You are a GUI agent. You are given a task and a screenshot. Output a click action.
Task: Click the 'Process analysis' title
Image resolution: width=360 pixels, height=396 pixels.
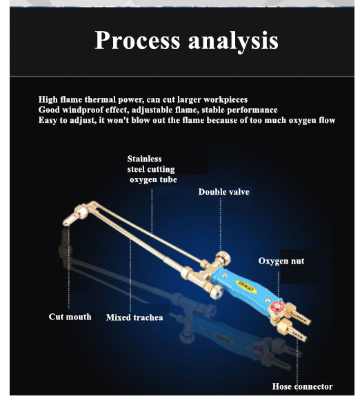coord(186,41)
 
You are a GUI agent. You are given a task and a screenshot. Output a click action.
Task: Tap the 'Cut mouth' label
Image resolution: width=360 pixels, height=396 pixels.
coord(70,317)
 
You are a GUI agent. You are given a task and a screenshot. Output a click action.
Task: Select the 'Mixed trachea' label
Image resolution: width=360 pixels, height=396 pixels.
coord(134,317)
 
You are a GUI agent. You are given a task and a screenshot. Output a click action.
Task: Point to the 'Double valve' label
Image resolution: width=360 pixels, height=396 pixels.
coord(224,192)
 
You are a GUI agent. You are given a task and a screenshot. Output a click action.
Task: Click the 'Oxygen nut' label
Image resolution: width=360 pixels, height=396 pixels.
coord(281,261)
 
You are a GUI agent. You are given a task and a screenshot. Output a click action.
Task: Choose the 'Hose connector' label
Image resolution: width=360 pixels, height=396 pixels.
coord(303,386)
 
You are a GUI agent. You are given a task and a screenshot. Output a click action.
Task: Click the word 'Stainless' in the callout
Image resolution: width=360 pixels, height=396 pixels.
coord(144,159)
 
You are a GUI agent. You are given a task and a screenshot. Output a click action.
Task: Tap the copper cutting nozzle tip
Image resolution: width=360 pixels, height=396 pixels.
coord(70,219)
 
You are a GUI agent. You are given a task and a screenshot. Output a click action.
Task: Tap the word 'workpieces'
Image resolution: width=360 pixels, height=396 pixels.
coord(226,100)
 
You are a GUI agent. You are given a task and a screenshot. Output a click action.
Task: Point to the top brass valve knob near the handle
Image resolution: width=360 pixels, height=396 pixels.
coord(223,257)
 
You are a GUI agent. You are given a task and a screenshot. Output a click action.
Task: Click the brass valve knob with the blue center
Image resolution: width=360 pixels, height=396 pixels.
coord(217,292)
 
